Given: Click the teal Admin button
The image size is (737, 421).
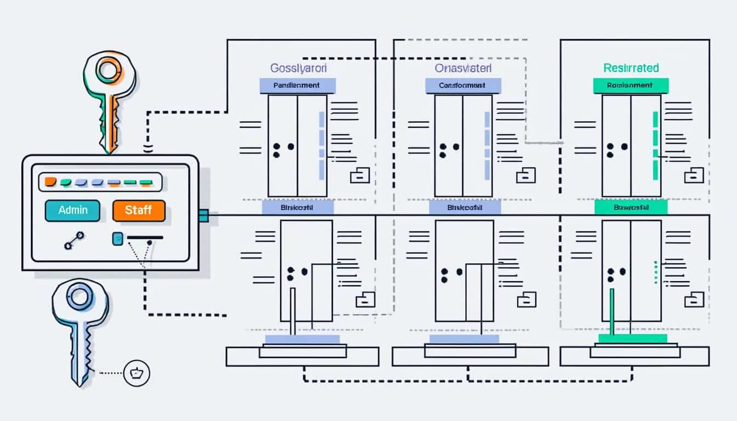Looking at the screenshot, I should click(x=72, y=210).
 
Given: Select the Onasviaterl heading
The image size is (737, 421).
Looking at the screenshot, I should click(x=463, y=68).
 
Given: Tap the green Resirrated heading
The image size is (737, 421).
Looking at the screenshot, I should click(x=631, y=68).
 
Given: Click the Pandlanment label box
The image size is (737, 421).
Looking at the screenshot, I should click(x=297, y=86).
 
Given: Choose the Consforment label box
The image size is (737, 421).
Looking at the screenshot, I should click(x=463, y=86).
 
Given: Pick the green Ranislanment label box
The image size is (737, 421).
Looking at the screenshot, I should click(x=631, y=86).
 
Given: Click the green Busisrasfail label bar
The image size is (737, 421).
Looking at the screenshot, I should click(x=631, y=207).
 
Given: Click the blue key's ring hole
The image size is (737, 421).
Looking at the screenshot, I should click(x=80, y=297).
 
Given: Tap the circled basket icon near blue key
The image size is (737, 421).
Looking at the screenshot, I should click(x=137, y=374).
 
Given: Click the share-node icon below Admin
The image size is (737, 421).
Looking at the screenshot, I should click(x=73, y=241).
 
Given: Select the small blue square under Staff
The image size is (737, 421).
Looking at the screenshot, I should click(x=117, y=238).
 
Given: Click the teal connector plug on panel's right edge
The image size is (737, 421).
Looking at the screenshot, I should click(x=203, y=215).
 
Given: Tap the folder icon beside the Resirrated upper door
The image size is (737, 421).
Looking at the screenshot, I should click(x=692, y=177).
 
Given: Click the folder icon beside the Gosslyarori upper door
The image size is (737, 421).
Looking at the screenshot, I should click(x=359, y=176).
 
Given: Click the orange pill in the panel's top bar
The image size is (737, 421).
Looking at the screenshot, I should click(x=50, y=182).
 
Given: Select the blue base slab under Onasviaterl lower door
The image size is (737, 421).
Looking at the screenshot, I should click(x=463, y=339).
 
